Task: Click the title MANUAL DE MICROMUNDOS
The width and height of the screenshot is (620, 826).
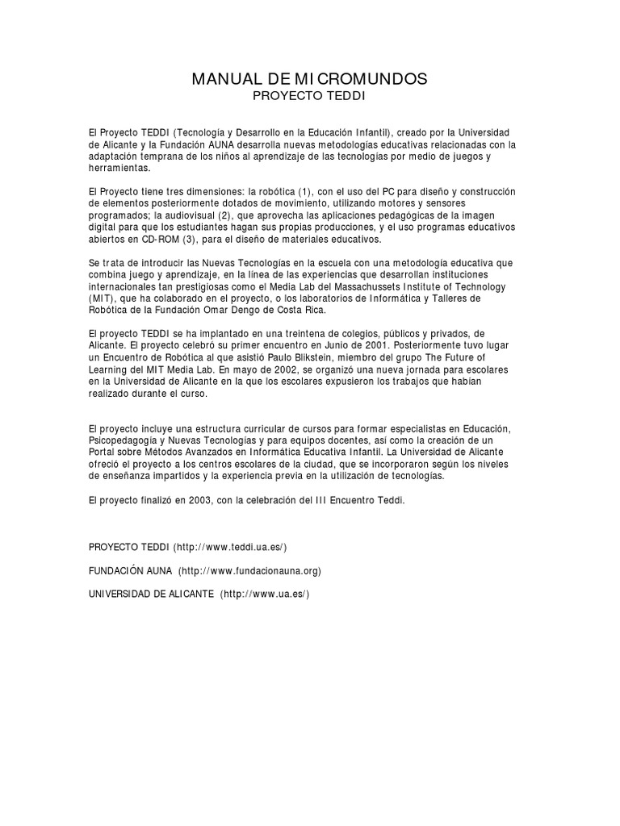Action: click(309, 79)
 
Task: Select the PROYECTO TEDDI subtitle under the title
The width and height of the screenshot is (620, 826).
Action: click(309, 96)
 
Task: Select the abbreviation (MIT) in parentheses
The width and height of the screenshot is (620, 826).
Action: click(103, 298)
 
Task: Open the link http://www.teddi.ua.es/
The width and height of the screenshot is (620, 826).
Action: click(230, 546)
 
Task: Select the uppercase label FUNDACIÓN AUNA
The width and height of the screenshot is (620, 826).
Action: click(130, 570)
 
